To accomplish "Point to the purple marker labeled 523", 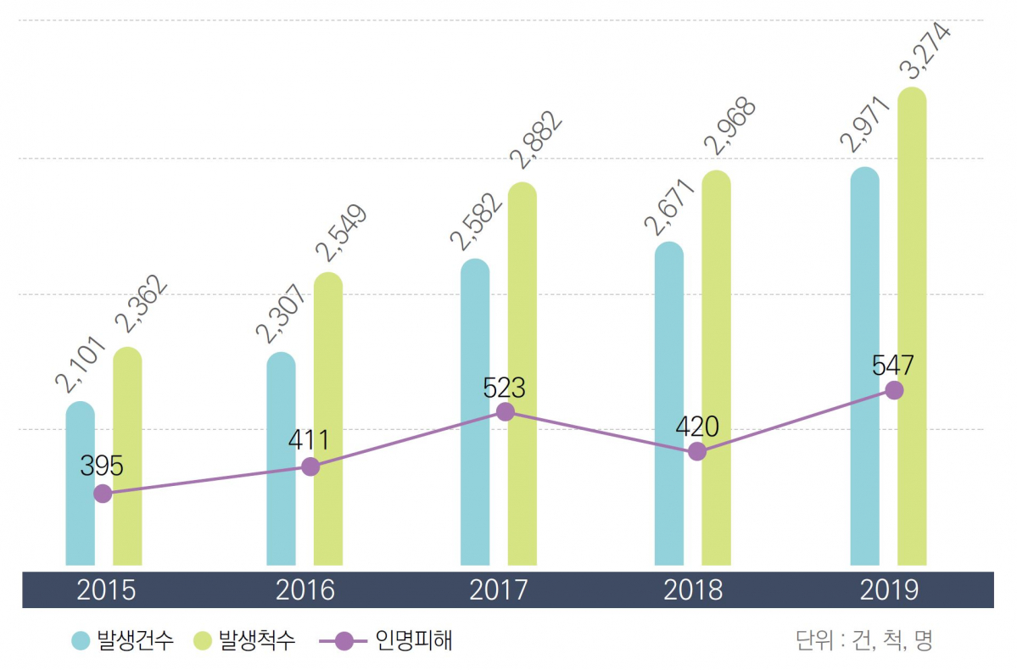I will coord(506,411).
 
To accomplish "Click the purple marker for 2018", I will coord(696,451).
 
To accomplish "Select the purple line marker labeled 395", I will coord(103,494).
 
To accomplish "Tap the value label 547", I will coord(892,366).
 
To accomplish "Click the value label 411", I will coord(308,440).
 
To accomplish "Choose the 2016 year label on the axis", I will coord(305,589).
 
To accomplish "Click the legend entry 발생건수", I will coord(136,640).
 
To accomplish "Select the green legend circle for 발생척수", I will coord(203,640).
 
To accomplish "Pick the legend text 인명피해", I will coord(414,640).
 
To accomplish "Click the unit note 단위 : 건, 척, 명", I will coord(863,640).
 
